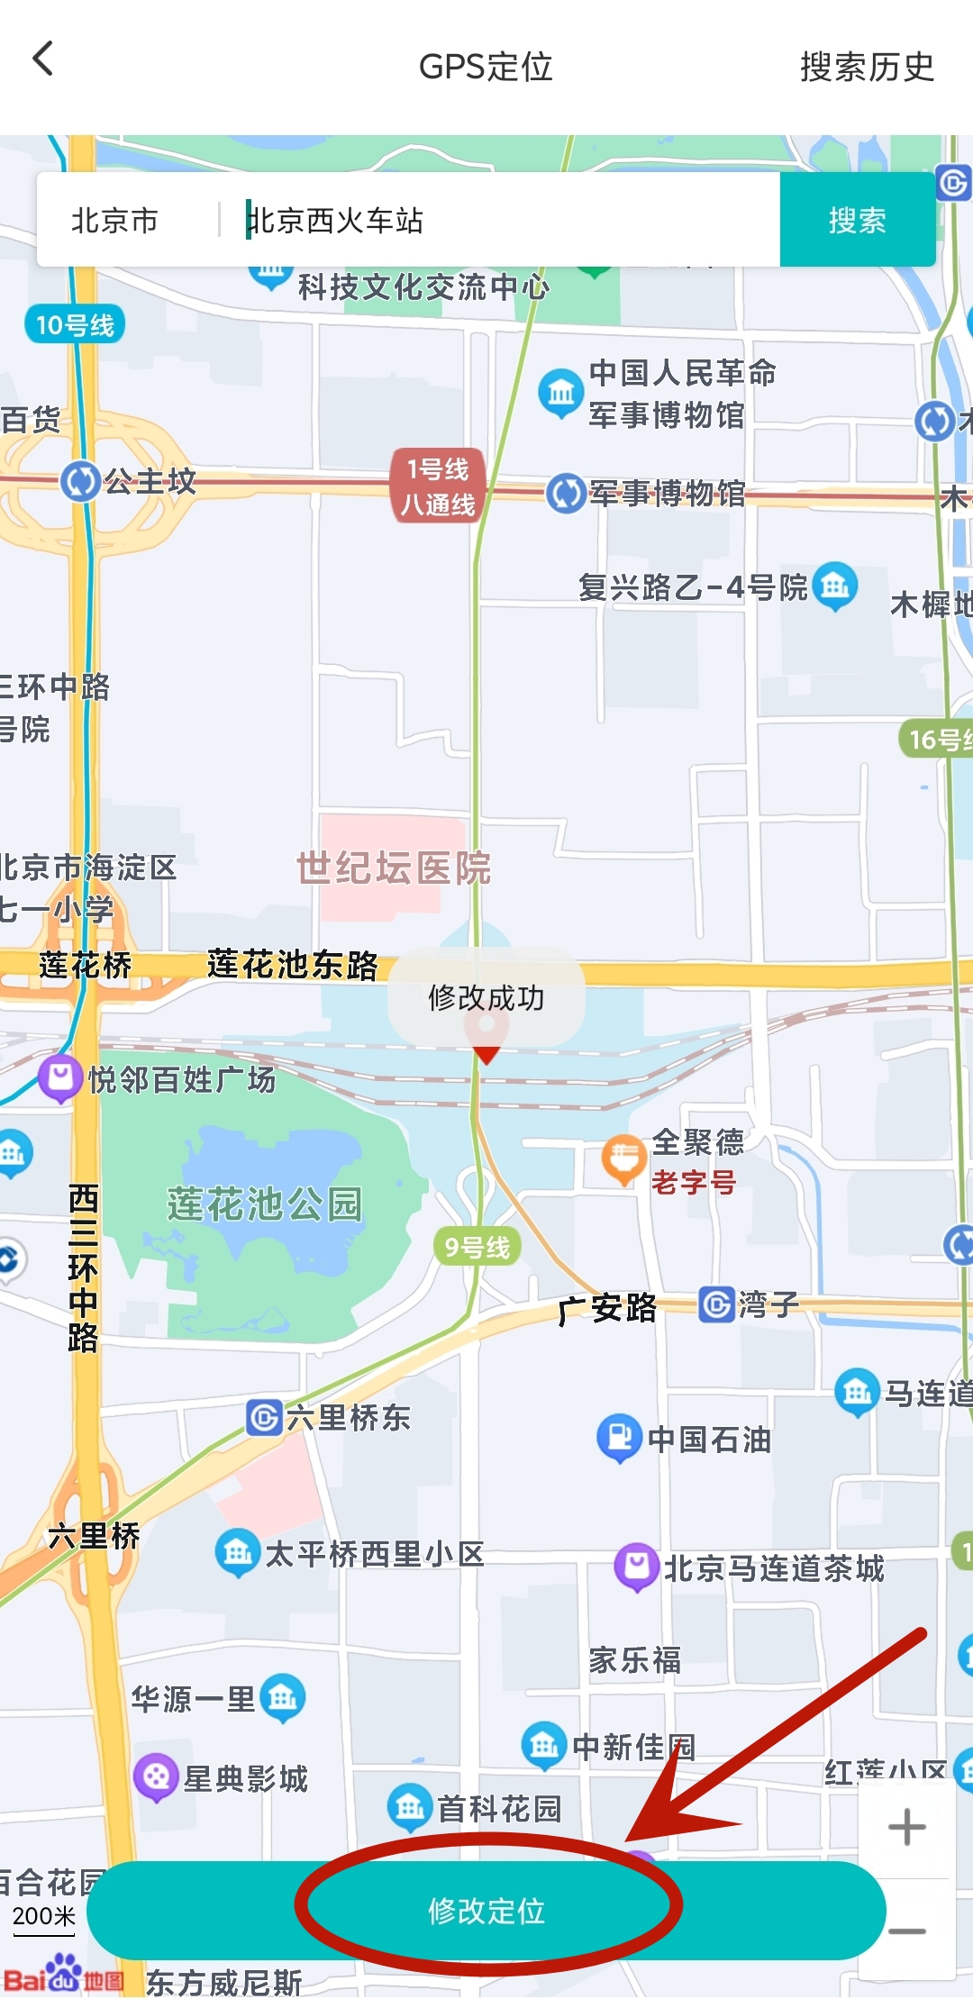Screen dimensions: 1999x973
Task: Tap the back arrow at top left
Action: (43, 60)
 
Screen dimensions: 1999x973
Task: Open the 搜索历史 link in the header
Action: (867, 67)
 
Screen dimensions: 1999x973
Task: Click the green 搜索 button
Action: (857, 220)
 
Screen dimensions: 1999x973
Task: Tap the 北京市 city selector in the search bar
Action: (114, 221)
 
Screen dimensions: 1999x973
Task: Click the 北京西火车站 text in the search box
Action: (335, 221)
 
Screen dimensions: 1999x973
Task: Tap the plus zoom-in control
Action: (906, 1827)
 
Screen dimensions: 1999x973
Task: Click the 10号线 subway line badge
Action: (75, 325)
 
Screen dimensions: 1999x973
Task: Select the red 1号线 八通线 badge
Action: (438, 486)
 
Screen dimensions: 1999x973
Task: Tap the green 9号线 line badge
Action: (477, 1247)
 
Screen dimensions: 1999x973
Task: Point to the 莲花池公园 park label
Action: (265, 1204)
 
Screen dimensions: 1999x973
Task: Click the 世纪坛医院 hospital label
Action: (394, 868)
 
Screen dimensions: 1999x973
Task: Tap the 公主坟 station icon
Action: (80, 481)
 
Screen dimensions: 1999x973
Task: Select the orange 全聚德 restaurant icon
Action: (623, 1160)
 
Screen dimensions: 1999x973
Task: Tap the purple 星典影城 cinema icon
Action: (156, 1776)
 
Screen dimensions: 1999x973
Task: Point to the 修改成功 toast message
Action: (486, 997)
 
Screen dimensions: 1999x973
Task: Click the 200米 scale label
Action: (43, 1916)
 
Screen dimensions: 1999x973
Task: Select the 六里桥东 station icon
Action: (264, 1418)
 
